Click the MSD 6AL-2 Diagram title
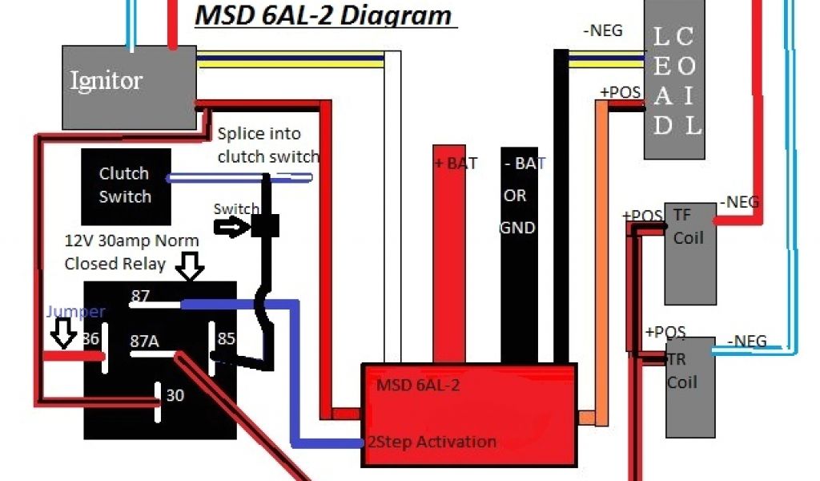[x=324, y=15]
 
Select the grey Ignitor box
[x=129, y=87]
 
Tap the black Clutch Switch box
[x=125, y=185]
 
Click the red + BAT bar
[x=455, y=253]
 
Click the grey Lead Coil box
[x=677, y=80]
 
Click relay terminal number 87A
[x=144, y=341]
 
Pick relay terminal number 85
[x=227, y=339]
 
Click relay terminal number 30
[x=175, y=395]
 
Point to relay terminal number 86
[x=90, y=339]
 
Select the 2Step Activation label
[x=432, y=442]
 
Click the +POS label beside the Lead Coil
[x=620, y=92]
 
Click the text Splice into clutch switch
[x=267, y=145]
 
